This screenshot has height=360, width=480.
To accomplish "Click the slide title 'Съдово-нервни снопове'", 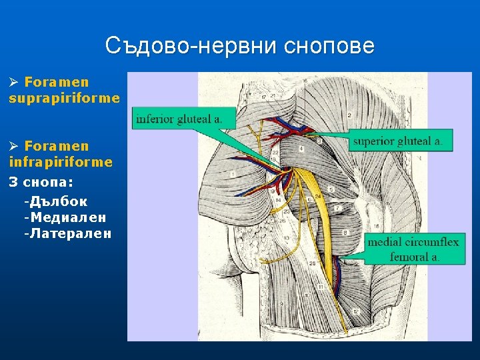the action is coord(240,46).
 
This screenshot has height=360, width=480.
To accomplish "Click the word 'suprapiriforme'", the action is coord(65,98).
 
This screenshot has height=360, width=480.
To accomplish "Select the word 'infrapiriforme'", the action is coord(61,162).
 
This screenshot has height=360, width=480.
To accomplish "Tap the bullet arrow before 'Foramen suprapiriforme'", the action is coord(13,83).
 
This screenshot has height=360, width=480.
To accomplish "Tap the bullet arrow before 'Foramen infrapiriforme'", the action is coord(13,147).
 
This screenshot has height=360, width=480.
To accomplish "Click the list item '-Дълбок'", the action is coord(55,201).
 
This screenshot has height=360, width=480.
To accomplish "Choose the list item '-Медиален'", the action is coord(64,217).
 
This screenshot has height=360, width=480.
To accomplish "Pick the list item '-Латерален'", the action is coord(67,234).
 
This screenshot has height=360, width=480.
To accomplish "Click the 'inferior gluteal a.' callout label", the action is coord(178,119).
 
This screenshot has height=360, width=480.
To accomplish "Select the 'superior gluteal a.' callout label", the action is coord(398,141).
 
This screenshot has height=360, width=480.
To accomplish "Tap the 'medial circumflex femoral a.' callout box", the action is coord(415,249).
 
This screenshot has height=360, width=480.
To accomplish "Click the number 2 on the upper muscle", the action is coord(349,115).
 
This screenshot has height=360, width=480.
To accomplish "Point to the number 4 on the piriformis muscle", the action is coord(303,148).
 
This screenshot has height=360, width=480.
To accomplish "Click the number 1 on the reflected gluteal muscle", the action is coord(233,174).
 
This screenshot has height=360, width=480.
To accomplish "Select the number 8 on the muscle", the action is coord(346,233).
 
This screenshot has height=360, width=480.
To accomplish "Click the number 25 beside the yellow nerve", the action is coord(294,264).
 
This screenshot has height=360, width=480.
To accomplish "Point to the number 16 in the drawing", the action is coord(377,227).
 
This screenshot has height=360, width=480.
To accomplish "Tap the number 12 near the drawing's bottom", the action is coord(356,312).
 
